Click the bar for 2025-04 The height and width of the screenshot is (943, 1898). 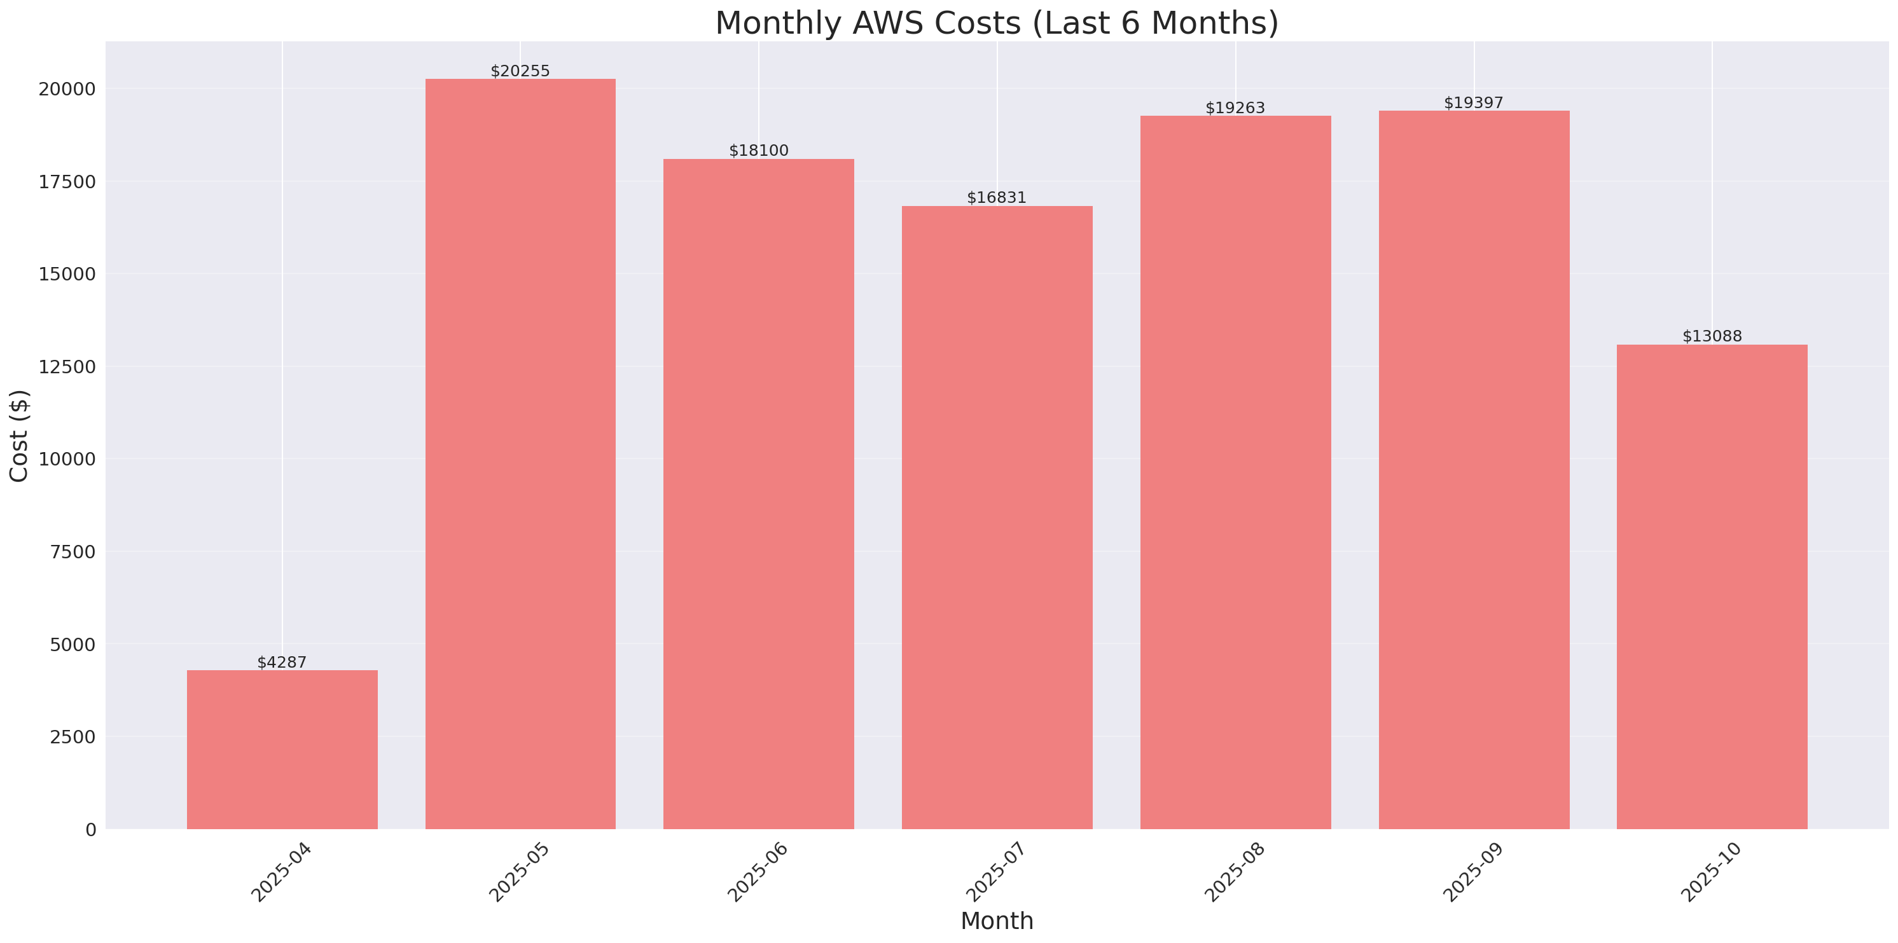282,749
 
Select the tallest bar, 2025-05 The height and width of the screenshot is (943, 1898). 520,454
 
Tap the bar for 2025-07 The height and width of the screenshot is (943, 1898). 997,517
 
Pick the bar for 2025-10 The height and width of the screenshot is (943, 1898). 1712,586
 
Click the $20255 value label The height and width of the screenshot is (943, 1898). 520,71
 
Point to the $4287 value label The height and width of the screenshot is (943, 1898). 282,663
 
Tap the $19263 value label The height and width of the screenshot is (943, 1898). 1235,108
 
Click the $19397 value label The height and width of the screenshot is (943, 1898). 1474,103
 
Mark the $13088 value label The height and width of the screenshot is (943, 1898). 1712,336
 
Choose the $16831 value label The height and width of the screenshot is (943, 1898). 997,198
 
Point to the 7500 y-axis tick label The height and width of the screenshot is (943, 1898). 73,552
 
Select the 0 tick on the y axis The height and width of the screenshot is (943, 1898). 90,830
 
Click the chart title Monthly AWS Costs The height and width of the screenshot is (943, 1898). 997,23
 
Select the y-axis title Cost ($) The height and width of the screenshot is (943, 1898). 19,436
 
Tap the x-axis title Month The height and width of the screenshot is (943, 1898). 997,921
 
